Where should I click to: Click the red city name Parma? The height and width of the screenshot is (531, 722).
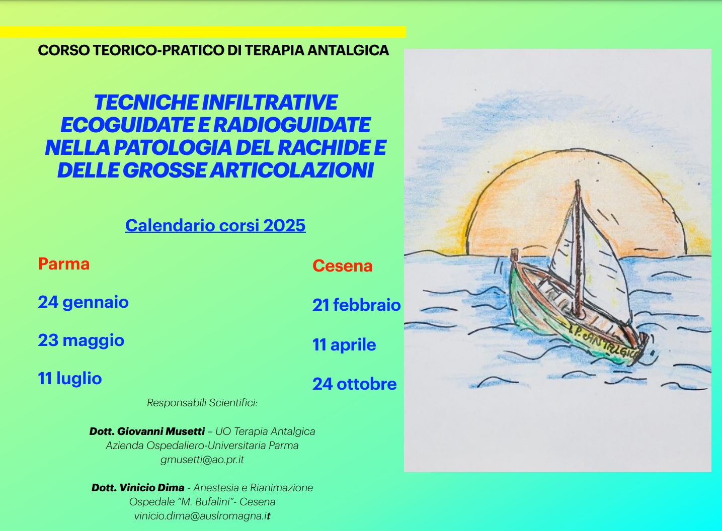pos(64,264)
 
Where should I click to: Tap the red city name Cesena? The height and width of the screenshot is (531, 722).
pos(342,266)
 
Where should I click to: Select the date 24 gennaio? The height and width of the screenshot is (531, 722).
pos(83,302)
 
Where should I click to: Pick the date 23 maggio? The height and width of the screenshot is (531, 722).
pos(81,340)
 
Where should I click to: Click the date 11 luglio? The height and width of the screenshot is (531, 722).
pos(69,378)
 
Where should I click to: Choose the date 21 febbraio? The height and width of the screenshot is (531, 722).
pos(357,305)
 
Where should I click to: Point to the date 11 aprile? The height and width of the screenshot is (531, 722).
pos(344,345)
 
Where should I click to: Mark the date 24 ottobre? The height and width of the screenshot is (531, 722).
pos(354,384)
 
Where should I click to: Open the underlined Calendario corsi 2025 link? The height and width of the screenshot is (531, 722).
pos(215,225)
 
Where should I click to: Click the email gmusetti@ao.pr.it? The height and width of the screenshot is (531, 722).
pos(202,460)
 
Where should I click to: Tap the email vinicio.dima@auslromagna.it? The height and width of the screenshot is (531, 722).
pos(202,516)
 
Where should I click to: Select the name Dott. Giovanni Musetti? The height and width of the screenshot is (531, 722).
pos(147,431)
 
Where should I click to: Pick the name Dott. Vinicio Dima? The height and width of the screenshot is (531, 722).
pos(138,487)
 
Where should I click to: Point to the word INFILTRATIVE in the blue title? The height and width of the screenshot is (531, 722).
pos(270,103)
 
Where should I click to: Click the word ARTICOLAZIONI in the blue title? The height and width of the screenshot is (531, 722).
pos(292,170)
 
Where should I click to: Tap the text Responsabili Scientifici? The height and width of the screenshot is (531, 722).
pos(202,403)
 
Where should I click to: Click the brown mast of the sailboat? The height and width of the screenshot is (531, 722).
pos(578,248)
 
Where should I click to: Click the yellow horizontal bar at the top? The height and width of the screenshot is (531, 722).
pos(203,32)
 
